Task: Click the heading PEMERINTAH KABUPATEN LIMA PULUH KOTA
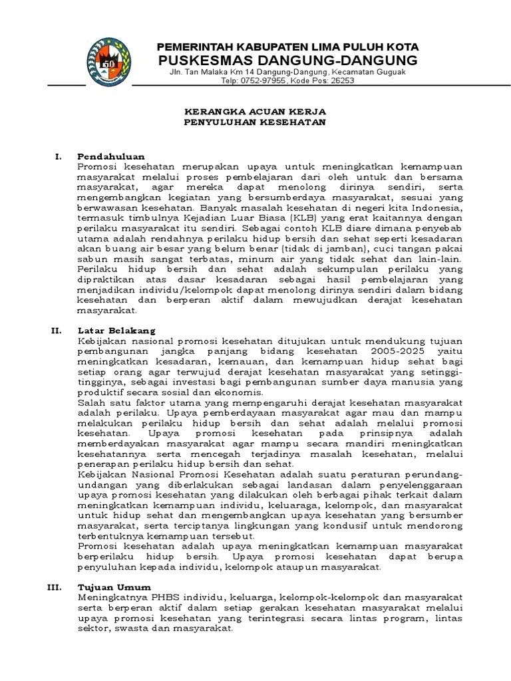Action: coord(287,47)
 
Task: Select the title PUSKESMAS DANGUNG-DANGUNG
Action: coord(287,61)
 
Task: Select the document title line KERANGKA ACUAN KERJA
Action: coord(255,112)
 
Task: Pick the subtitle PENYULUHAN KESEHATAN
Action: coord(255,123)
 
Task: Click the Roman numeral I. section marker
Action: coord(58,156)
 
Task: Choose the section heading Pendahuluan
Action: coord(111,156)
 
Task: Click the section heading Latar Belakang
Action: coord(116,330)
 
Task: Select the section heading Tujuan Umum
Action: coord(114,587)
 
